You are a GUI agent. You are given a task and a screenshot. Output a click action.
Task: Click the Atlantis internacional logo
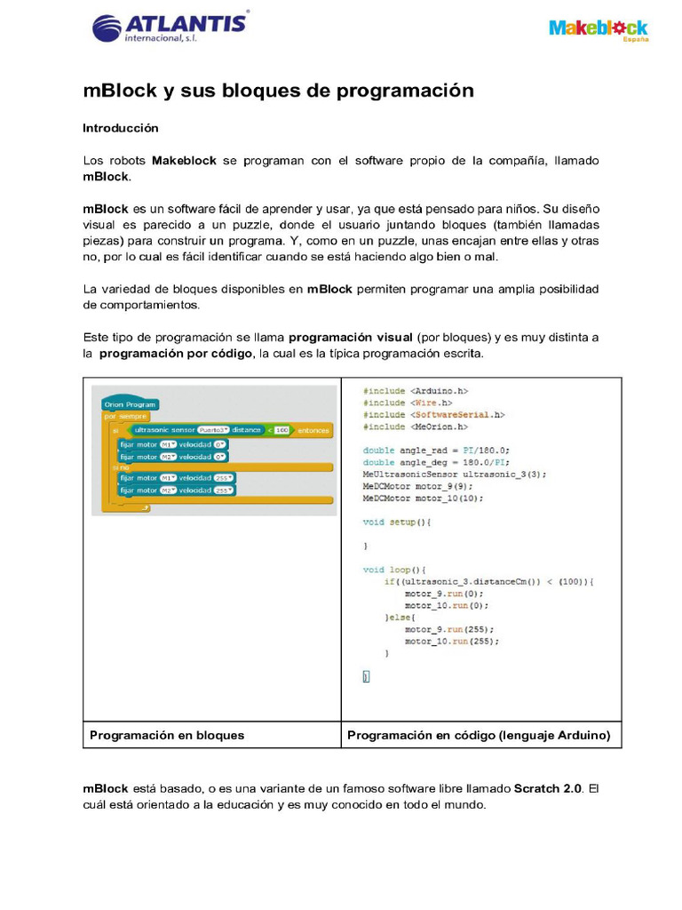(170, 27)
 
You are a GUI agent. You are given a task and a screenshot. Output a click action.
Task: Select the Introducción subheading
(121, 128)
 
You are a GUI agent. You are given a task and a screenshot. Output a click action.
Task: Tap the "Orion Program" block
(130, 404)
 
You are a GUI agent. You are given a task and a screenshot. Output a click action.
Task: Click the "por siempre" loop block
(126, 416)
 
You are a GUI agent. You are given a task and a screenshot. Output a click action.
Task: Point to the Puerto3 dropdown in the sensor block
(213, 430)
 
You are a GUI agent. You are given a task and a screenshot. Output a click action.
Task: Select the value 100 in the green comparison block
(282, 430)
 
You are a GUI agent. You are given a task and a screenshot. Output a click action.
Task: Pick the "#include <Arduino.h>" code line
(415, 391)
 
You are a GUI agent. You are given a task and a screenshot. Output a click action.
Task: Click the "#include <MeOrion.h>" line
(416, 427)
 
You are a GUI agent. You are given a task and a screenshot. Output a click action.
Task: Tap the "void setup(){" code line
(396, 523)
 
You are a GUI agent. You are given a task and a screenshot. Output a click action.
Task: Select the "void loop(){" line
(394, 570)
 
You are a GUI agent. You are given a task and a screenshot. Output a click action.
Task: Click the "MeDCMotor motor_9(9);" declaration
(417, 486)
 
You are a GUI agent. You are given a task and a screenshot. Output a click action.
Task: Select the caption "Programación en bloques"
(167, 735)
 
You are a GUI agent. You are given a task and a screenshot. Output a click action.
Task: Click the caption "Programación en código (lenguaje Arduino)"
(479, 735)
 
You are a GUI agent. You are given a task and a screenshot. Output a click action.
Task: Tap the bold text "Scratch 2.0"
(548, 788)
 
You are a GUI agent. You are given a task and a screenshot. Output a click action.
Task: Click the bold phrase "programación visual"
(351, 338)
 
